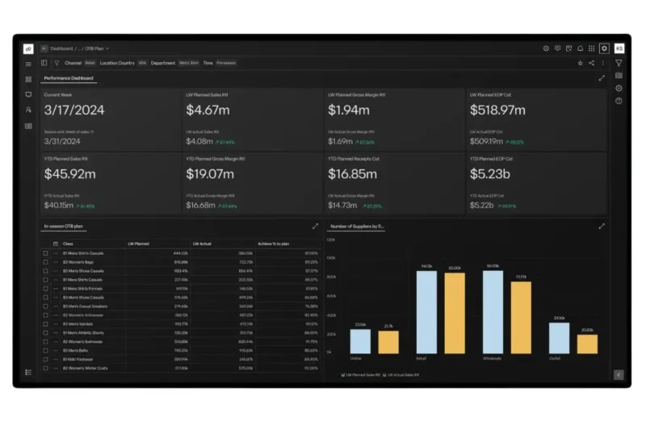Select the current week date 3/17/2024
point(73,110)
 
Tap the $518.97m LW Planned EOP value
point(497,110)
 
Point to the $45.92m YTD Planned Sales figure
point(70,173)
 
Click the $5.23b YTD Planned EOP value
point(489,173)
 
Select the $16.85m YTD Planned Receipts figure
point(352,173)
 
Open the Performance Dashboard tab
point(69,78)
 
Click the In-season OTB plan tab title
point(64,227)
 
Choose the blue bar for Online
point(360,341)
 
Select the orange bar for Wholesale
point(521,317)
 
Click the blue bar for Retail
point(426,312)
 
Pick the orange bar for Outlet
point(587,344)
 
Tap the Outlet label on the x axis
point(555,358)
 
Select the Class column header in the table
point(68,243)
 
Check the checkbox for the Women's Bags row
point(46,262)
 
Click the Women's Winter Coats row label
point(86,368)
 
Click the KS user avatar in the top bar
point(619,48)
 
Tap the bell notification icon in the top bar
point(580,48)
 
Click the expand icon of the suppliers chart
point(602,227)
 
